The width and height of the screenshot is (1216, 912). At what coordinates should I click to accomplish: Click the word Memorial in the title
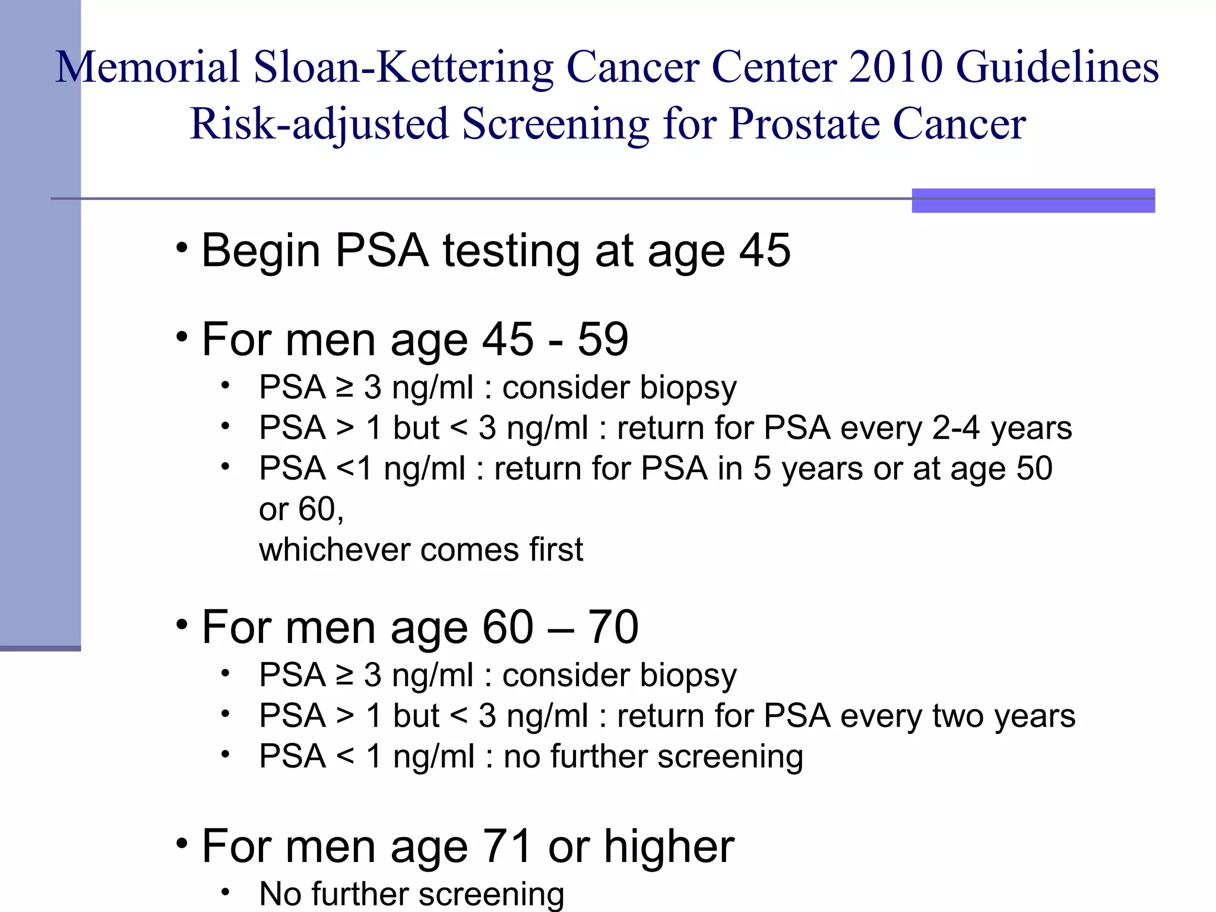point(148,66)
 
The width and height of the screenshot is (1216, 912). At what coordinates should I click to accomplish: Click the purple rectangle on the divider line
point(1033,200)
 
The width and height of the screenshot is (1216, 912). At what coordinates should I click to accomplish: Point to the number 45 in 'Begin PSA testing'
point(765,251)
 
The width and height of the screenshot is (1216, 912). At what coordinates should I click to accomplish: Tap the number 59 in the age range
point(603,340)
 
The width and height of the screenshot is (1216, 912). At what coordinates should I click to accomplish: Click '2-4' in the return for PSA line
point(956,428)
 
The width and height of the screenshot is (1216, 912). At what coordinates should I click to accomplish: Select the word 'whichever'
point(334,549)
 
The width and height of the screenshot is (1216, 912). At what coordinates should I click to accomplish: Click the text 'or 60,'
point(301,509)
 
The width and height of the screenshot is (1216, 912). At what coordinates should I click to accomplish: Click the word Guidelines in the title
point(1057,66)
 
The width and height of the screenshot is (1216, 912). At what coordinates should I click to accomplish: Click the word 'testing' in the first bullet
point(511,251)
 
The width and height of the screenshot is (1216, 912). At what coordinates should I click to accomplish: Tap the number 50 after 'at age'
point(1034,468)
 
